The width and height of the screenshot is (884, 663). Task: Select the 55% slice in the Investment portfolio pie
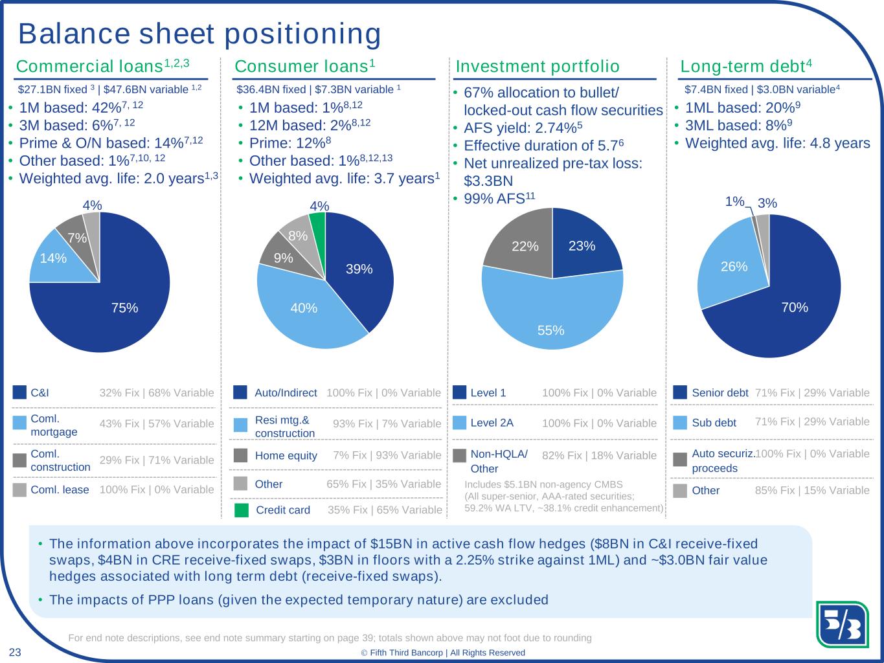pyautogui.click(x=552, y=318)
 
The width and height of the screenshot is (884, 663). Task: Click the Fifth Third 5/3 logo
pyautogui.click(x=843, y=624)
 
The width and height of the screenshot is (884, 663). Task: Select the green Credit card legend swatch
pyautogui.click(x=241, y=510)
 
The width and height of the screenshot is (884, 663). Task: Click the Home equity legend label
pyautogui.click(x=286, y=455)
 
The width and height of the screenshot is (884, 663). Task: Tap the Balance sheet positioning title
pyautogui.click(x=199, y=34)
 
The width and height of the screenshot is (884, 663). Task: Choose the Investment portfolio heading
pyautogui.click(x=538, y=67)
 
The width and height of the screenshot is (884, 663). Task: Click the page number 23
pyautogui.click(x=15, y=652)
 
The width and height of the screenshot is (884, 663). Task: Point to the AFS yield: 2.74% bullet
pyautogui.click(x=523, y=128)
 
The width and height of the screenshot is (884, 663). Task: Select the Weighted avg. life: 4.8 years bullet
pyautogui.click(x=777, y=143)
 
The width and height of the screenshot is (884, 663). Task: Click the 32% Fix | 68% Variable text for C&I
pyautogui.click(x=157, y=392)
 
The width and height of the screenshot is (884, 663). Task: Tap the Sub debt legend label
pyautogui.click(x=714, y=423)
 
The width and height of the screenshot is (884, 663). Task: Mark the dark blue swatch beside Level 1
pyautogui.click(x=460, y=392)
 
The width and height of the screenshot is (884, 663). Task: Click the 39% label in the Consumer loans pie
pyautogui.click(x=359, y=269)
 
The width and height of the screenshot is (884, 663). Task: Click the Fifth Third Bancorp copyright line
pyautogui.click(x=443, y=653)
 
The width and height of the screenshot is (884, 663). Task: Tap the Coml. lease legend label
pyautogui.click(x=60, y=489)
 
